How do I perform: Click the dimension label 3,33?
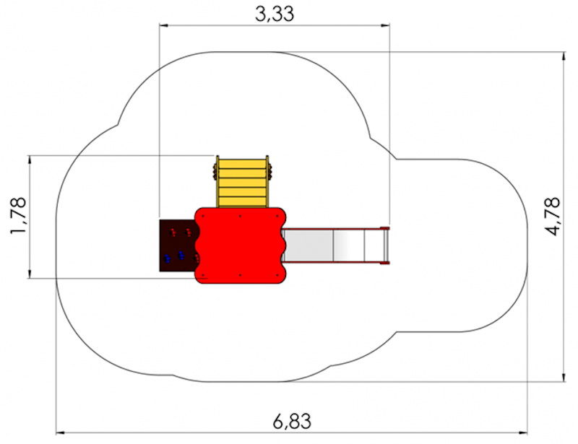[x=275, y=14]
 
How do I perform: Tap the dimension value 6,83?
[x=292, y=421]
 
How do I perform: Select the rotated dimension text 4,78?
[x=553, y=217]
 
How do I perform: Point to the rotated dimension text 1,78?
[x=19, y=216]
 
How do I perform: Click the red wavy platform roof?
[x=241, y=245]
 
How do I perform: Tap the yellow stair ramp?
[x=242, y=182]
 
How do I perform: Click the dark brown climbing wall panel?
[x=178, y=245]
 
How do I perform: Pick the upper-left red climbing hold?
[x=173, y=232]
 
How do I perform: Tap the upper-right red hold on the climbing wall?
[x=189, y=232]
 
